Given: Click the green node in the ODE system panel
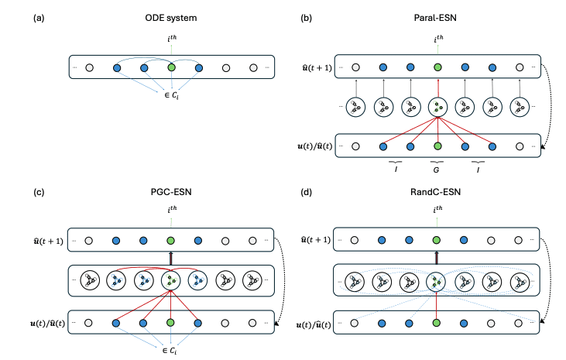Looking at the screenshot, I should [x=171, y=68].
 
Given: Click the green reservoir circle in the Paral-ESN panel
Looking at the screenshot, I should [x=437, y=106].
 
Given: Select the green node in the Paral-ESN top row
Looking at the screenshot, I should [x=437, y=68].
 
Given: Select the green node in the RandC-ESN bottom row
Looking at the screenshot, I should [x=437, y=320].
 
